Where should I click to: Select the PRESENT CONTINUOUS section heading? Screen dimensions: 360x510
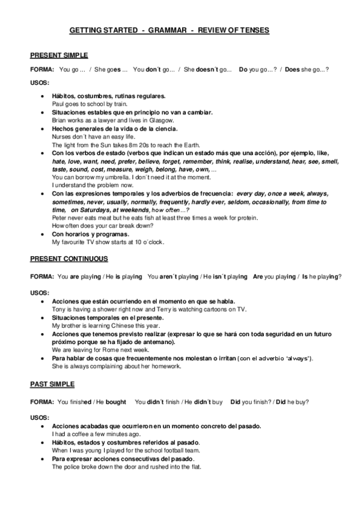pyautogui.click(x=69, y=259)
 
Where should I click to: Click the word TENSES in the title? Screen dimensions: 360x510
pyautogui.click(x=252, y=29)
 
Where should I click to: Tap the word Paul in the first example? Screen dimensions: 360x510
pyautogui.click(x=58, y=104)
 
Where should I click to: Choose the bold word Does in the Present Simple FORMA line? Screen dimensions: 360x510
pyautogui.click(x=293, y=70)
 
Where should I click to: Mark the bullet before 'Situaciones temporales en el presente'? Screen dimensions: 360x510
pyautogui.click(x=40, y=317)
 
